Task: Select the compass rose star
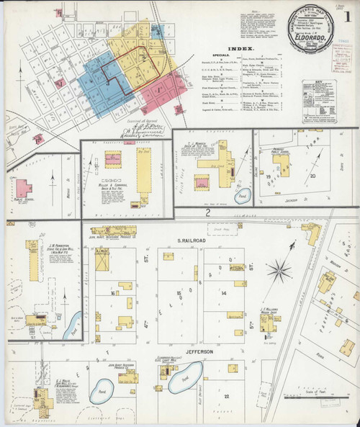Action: pyautogui.click(x=279, y=270)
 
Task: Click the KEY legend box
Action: pyautogui.click(x=318, y=100)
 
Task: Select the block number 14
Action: pyautogui.click(x=225, y=294)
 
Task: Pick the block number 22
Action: pyautogui.click(x=226, y=396)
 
